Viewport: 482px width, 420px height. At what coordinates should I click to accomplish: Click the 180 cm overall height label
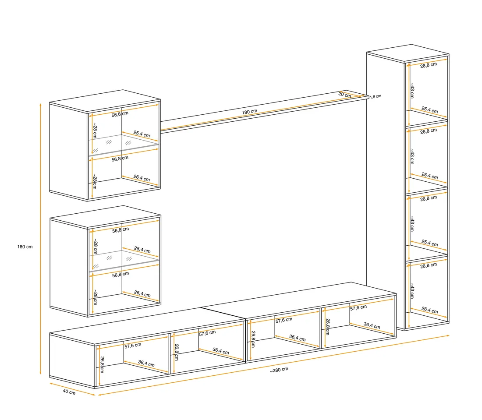pyautogui.click(x=25, y=247)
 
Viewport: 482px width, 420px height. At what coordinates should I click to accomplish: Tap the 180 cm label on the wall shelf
pyautogui.click(x=249, y=112)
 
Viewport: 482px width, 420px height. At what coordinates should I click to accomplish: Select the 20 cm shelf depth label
pyautogui.click(x=344, y=95)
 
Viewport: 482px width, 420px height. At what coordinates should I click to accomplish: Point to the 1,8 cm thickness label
pyautogui.click(x=376, y=96)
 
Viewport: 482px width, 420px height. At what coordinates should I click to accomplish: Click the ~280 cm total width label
pyautogui.click(x=279, y=370)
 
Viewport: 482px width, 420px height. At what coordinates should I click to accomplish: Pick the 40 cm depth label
pyautogui.click(x=69, y=392)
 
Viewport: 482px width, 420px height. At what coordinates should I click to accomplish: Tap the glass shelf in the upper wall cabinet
pyautogui.click(x=124, y=143)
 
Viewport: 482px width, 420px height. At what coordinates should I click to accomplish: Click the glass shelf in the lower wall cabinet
pyautogui.click(x=124, y=259)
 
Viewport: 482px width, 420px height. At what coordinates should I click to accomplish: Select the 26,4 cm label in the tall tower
pyautogui.click(x=430, y=310)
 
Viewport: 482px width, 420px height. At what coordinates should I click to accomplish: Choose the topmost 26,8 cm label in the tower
pyautogui.click(x=429, y=65)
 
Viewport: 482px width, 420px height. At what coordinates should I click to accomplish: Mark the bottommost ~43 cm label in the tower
pyautogui.click(x=412, y=291)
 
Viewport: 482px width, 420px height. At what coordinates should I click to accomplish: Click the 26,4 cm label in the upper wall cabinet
pyautogui.click(x=142, y=178)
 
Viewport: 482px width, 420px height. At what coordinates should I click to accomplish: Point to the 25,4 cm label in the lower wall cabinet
pyautogui.click(x=142, y=250)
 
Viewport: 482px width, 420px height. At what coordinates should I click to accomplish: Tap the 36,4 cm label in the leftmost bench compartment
pyautogui.click(x=146, y=364)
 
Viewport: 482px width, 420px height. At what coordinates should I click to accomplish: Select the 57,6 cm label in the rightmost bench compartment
pyautogui.click(x=358, y=307)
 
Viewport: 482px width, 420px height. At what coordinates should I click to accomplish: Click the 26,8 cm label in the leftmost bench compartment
pyautogui.click(x=102, y=365)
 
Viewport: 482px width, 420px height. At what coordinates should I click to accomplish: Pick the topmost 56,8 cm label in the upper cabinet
pyautogui.click(x=120, y=114)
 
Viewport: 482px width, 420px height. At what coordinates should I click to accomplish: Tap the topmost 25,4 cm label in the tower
pyautogui.click(x=430, y=109)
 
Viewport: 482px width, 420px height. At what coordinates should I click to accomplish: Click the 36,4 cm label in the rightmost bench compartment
pyautogui.click(x=372, y=325)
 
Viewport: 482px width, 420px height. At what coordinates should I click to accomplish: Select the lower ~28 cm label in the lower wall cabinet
pyautogui.click(x=95, y=297)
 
